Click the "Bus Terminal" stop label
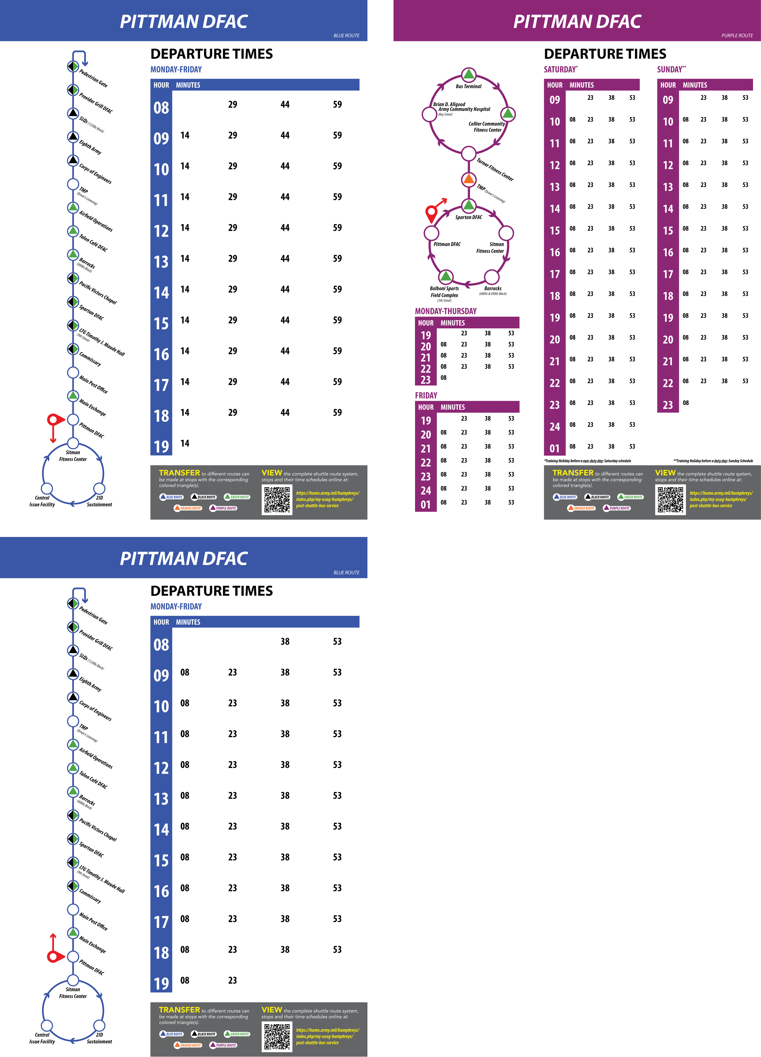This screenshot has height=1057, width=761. click(x=468, y=86)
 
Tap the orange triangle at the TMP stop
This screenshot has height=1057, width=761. click(x=468, y=178)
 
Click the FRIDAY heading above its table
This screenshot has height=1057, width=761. click(x=426, y=395)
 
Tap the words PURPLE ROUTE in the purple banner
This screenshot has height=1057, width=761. click(x=737, y=36)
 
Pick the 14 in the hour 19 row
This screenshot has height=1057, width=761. click(x=185, y=443)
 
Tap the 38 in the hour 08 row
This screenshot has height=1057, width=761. click(x=285, y=641)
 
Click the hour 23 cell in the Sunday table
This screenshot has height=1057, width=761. click(x=668, y=405)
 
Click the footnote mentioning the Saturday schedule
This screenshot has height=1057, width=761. click(x=587, y=461)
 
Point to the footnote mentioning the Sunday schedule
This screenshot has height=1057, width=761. click(x=713, y=461)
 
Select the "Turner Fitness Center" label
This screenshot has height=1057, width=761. click(x=495, y=170)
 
